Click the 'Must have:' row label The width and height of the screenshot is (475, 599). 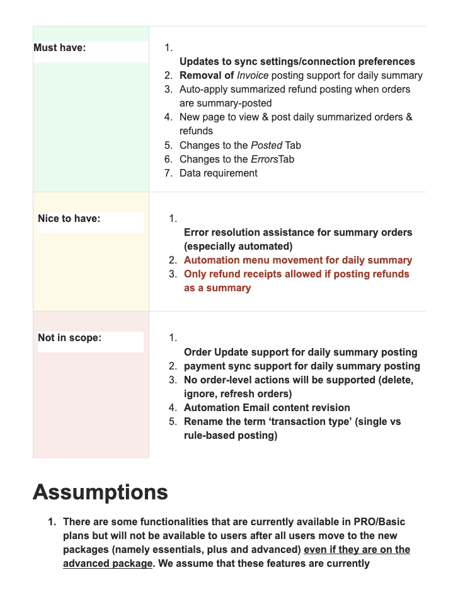[60, 47]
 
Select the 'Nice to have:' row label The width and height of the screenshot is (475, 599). [69, 219]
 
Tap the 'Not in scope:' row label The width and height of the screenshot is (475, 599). [69, 338]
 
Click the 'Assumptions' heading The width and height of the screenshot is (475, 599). [100, 492]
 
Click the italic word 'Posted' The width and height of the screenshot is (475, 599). [266, 145]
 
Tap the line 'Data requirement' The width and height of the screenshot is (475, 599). [218, 173]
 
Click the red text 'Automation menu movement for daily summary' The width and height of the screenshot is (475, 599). [298, 260]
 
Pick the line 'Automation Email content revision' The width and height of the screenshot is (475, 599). [266, 407]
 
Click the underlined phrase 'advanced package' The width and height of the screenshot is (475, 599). [108, 563]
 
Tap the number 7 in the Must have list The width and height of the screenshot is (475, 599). [168, 173]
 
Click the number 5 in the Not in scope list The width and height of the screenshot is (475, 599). [172, 421]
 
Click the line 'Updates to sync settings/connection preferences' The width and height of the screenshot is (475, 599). [297, 62]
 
